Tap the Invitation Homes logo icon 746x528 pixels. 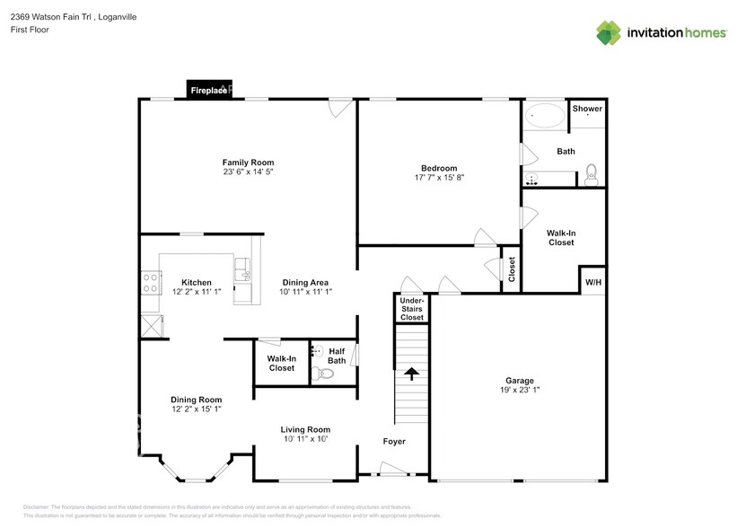pyautogui.click(x=610, y=32)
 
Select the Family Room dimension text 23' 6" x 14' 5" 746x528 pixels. pyautogui.click(x=249, y=172)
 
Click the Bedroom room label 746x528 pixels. pyautogui.click(x=439, y=168)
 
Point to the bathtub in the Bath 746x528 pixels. pyautogui.click(x=545, y=116)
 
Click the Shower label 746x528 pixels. pyautogui.click(x=587, y=109)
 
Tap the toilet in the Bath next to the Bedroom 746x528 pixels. pyautogui.click(x=592, y=172)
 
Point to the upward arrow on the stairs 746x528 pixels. pyautogui.click(x=412, y=373)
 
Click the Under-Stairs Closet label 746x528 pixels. pyautogui.click(x=412, y=309)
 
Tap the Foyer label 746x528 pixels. pyautogui.click(x=393, y=442)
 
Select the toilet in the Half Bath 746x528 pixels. pyautogui.click(x=324, y=374)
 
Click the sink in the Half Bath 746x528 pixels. pyautogui.click(x=318, y=351)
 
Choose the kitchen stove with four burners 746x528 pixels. pyautogui.click(x=149, y=283)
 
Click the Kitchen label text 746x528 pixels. pyautogui.click(x=196, y=282)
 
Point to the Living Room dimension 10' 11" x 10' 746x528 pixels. pyautogui.click(x=305, y=438)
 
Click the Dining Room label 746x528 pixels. pyautogui.click(x=196, y=400)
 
